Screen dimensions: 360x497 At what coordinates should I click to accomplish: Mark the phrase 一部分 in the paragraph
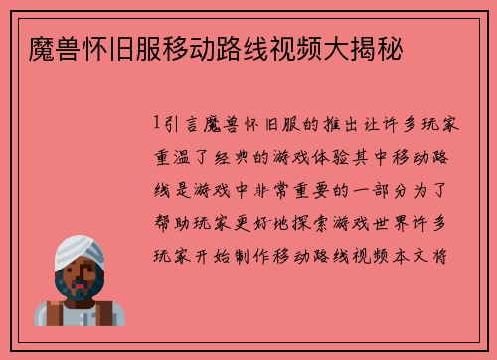380,190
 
